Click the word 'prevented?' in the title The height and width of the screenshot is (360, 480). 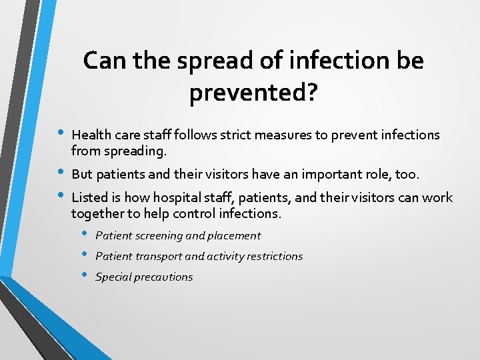[253, 93]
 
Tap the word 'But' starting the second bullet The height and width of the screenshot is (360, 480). [82, 175]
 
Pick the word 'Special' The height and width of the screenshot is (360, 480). [114, 277]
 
